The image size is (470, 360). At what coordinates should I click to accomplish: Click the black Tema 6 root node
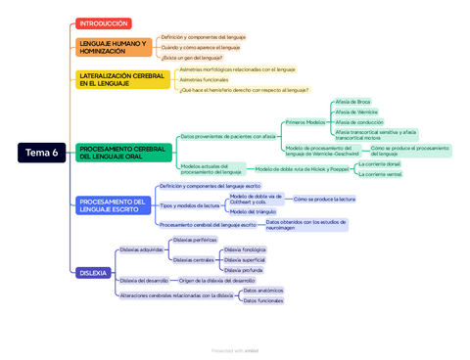click(x=42, y=153)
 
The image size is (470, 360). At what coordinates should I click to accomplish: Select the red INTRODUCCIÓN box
click(x=103, y=23)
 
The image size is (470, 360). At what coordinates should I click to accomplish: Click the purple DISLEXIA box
click(x=93, y=273)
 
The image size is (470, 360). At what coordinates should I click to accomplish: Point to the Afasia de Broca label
click(x=352, y=102)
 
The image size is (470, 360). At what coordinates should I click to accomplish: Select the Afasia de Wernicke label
click(x=356, y=112)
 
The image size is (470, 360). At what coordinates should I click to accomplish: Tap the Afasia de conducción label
click(x=359, y=122)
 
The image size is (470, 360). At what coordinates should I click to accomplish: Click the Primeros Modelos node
click(x=305, y=122)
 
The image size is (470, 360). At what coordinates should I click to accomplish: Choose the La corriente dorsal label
click(x=380, y=163)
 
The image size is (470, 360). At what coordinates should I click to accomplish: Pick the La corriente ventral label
click(x=380, y=174)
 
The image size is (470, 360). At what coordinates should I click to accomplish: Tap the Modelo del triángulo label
click(x=253, y=211)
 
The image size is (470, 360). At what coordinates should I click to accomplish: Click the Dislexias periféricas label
click(x=195, y=240)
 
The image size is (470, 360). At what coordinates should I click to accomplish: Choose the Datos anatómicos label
click(x=263, y=291)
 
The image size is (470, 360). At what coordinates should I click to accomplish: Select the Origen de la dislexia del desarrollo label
click(x=216, y=280)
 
